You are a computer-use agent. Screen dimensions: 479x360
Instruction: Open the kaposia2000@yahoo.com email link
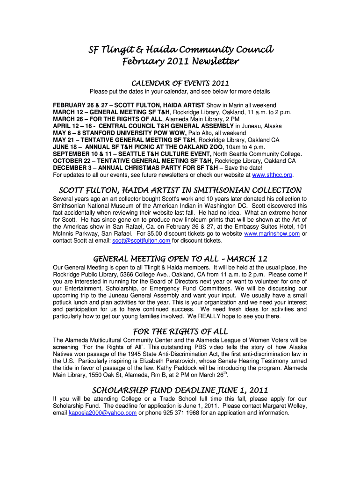coord(102,413)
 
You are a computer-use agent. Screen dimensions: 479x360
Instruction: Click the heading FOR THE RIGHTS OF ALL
coord(180,332)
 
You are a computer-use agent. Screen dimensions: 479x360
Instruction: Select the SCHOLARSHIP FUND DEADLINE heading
coord(180,390)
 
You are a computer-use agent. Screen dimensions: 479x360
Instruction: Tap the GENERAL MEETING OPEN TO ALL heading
coord(180,259)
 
